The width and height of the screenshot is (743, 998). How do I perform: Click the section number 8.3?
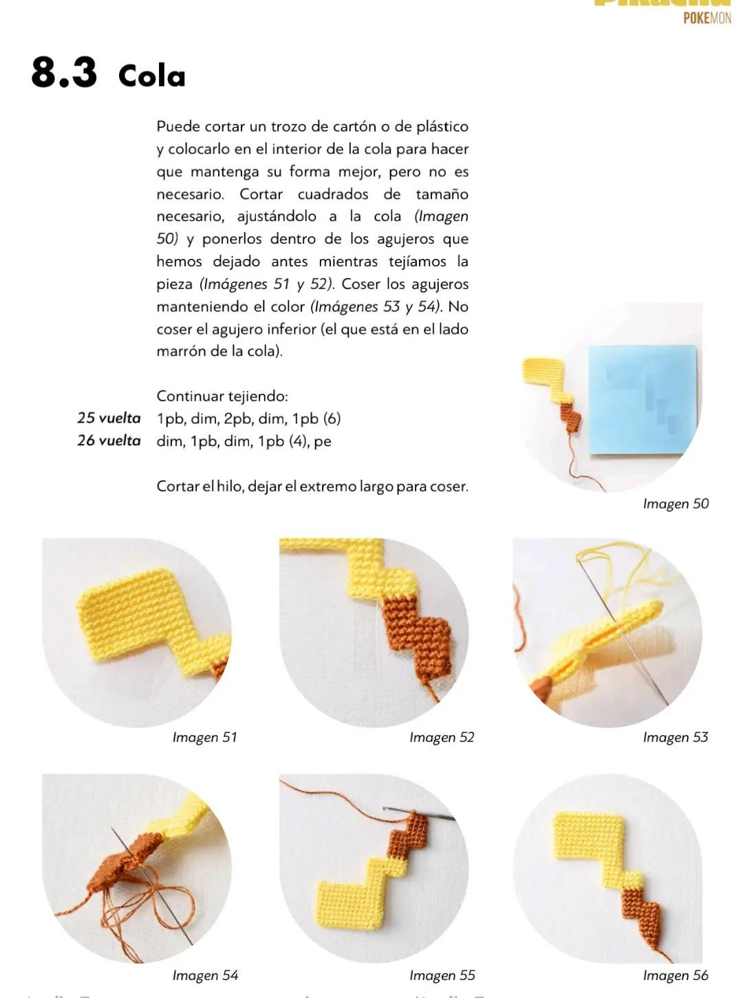point(64,72)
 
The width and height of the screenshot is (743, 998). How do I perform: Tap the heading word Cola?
point(152,76)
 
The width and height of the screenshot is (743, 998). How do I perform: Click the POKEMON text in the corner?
point(707,18)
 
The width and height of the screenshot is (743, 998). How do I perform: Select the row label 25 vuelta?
point(109,418)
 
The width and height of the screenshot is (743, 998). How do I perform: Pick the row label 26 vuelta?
point(109,440)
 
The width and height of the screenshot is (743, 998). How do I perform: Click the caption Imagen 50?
point(675,504)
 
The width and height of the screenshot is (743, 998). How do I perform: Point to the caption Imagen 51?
point(204,737)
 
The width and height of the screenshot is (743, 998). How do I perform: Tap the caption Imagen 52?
point(442,737)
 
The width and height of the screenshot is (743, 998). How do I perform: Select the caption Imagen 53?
point(675,737)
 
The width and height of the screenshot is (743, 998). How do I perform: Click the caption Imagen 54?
point(204,975)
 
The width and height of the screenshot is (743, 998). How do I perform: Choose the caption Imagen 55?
point(442,975)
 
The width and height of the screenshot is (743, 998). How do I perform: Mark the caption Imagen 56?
point(675,975)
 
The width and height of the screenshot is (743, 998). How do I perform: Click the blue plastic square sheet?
point(641,399)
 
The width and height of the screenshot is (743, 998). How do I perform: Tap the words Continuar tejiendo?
point(222,396)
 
